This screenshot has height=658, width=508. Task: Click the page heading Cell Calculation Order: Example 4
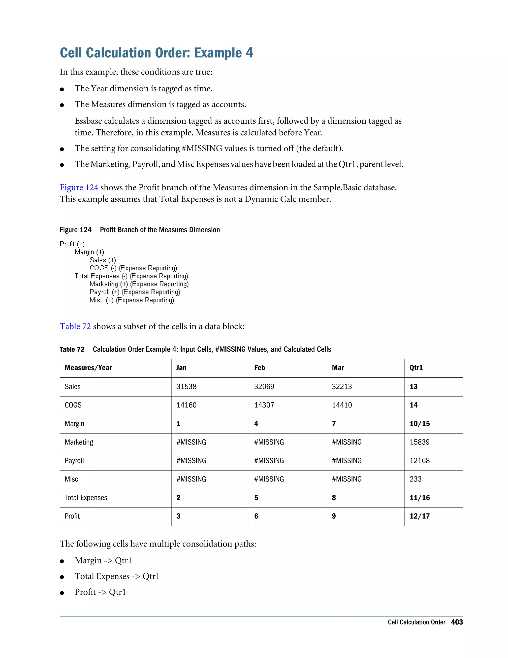[156, 53]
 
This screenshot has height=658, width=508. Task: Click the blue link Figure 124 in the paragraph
[79, 187]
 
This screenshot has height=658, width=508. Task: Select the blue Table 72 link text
[75, 326]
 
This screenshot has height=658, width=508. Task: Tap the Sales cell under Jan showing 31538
[186, 387]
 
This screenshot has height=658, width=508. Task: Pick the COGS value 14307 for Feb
[264, 405]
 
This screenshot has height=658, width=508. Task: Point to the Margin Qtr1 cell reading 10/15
[419, 424]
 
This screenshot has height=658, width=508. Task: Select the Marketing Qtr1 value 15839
[419, 442]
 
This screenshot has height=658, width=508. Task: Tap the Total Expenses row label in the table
[86, 498]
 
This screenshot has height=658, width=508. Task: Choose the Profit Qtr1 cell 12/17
[419, 516]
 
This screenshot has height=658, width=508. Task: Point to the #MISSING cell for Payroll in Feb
[269, 461]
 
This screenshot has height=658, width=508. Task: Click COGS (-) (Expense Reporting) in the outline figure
[133, 268]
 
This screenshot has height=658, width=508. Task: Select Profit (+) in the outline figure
[72, 244]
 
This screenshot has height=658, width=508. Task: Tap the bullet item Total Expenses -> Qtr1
[117, 576]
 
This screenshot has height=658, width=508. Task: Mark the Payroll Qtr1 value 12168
[419, 461]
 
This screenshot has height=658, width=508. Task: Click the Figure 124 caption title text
[160, 230]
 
